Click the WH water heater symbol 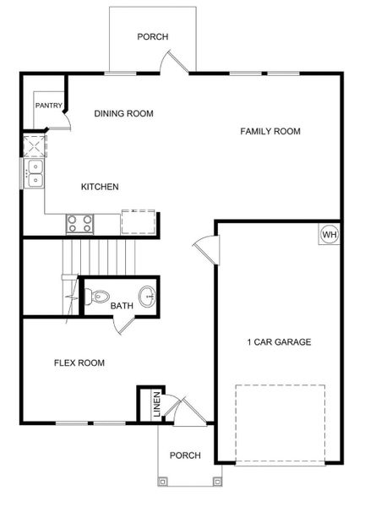[329, 234]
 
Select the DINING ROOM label [124, 113]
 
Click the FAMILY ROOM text [270, 131]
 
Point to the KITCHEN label [100, 187]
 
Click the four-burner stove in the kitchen [80, 223]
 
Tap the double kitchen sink [35, 173]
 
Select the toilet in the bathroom [98, 297]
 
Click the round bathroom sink [148, 296]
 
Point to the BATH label [122, 306]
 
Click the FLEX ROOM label [79, 363]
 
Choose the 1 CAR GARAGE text [279, 342]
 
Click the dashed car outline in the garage [280, 422]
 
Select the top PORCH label [153, 37]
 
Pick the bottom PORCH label [185, 455]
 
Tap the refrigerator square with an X [33, 145]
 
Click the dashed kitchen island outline [139, 221]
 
